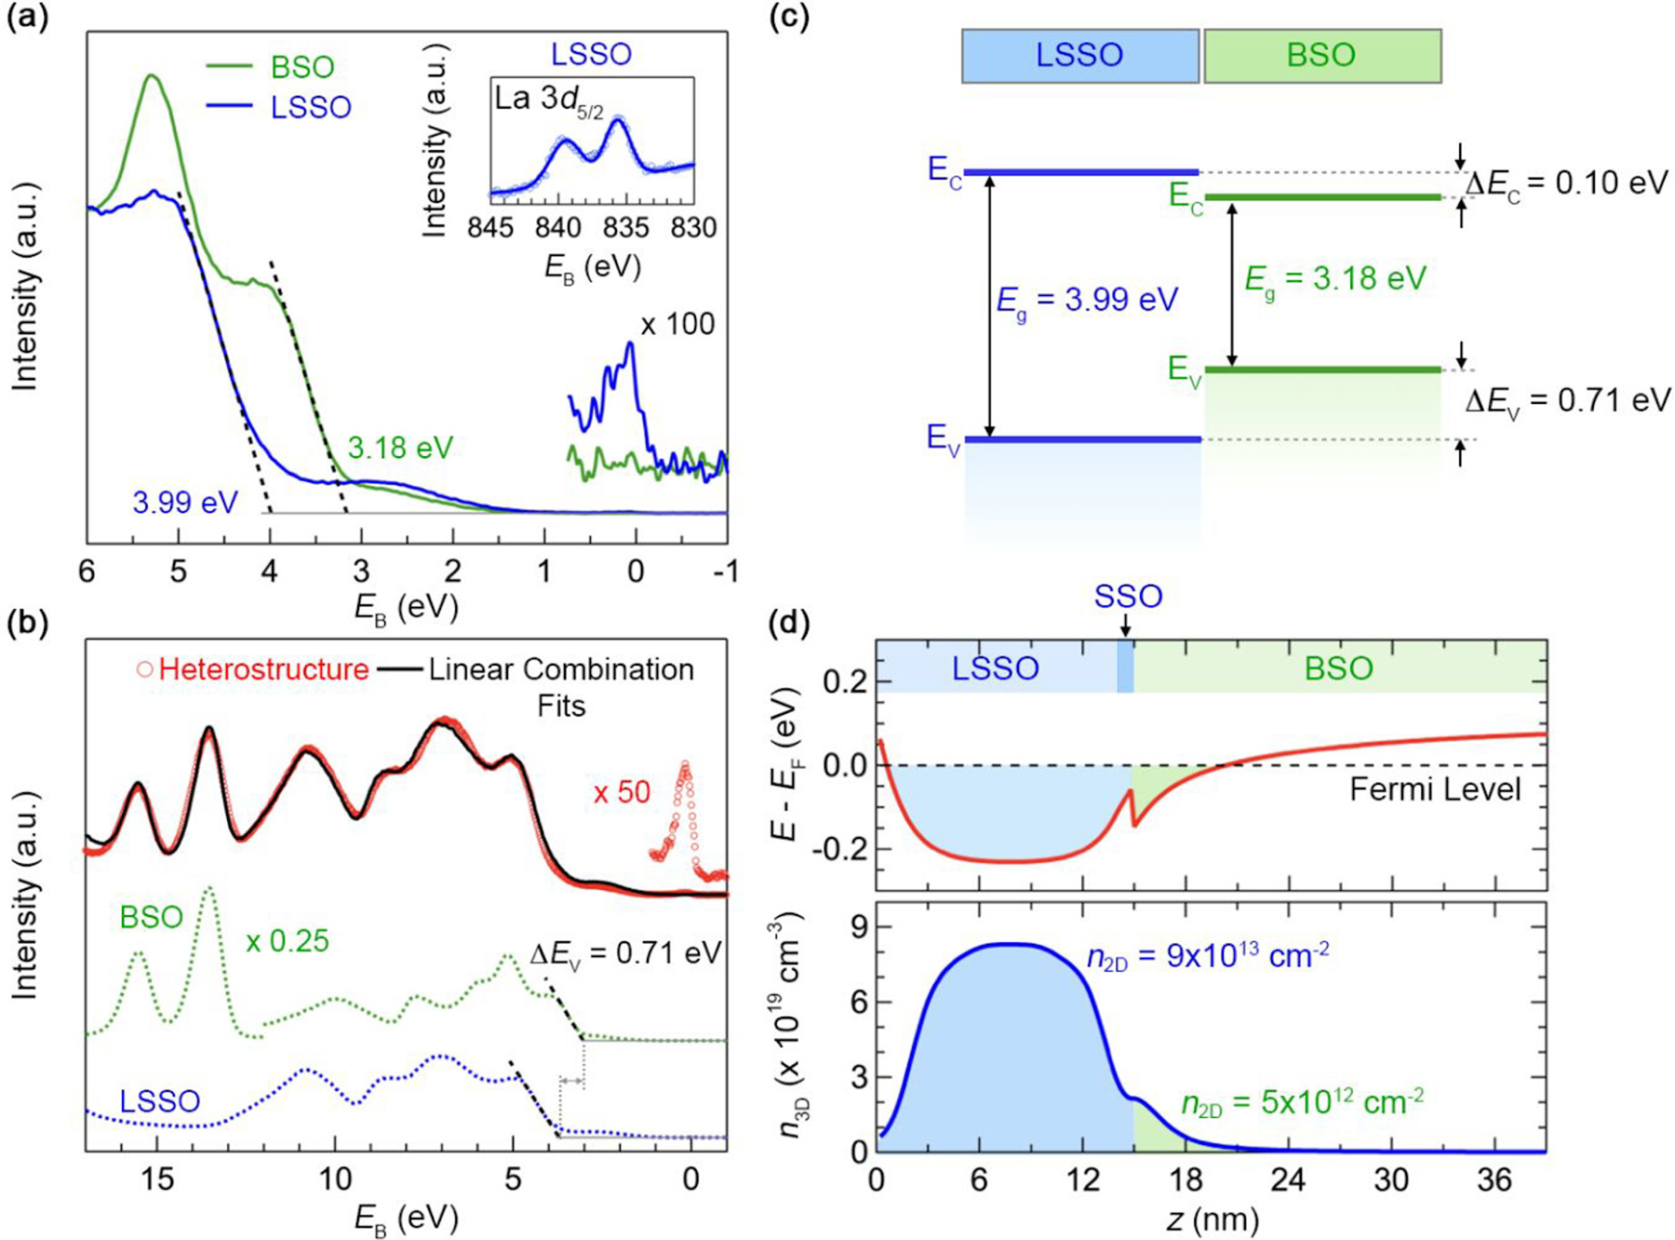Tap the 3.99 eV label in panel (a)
coord(185,503)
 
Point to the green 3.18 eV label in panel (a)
coord(400,448)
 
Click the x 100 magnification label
coord(677,324)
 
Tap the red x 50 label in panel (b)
coord(622,792)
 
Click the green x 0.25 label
coord(287,941)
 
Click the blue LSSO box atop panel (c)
coord(1079,56)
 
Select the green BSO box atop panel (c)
coord(1321,56)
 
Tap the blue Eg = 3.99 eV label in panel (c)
coord(1087,300)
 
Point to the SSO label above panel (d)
coord(1128,596)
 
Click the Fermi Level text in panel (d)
coord(1435,790)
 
